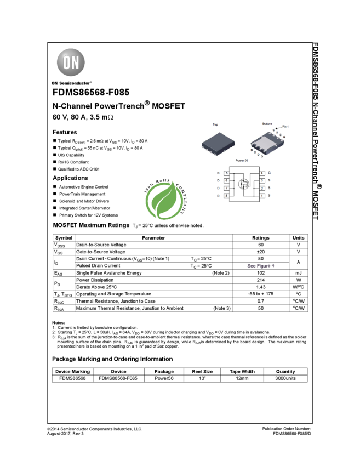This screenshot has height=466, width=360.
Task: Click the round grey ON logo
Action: point(71,62)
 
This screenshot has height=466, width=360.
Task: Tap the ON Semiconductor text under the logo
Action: point(71,83)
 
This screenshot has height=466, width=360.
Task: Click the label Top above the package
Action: point(215,125)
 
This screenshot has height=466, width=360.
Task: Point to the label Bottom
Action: point(267,124)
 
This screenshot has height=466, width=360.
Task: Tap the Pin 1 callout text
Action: point(285,127)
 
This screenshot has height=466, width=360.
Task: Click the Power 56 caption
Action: point(242,160)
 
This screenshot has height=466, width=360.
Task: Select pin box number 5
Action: point(226,173)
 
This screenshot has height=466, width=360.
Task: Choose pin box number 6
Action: point(226,180)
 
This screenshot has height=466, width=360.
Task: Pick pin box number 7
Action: point(226,188)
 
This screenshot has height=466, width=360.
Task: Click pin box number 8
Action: point(226,196)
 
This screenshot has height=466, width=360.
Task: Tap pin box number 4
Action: point(262,173)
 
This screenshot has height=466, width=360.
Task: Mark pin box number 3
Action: point(262,180)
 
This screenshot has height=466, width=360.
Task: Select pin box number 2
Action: point(262,188)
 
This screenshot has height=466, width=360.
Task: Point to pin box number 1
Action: point(262,196)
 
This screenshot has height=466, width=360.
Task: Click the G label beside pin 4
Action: point(270,173)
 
